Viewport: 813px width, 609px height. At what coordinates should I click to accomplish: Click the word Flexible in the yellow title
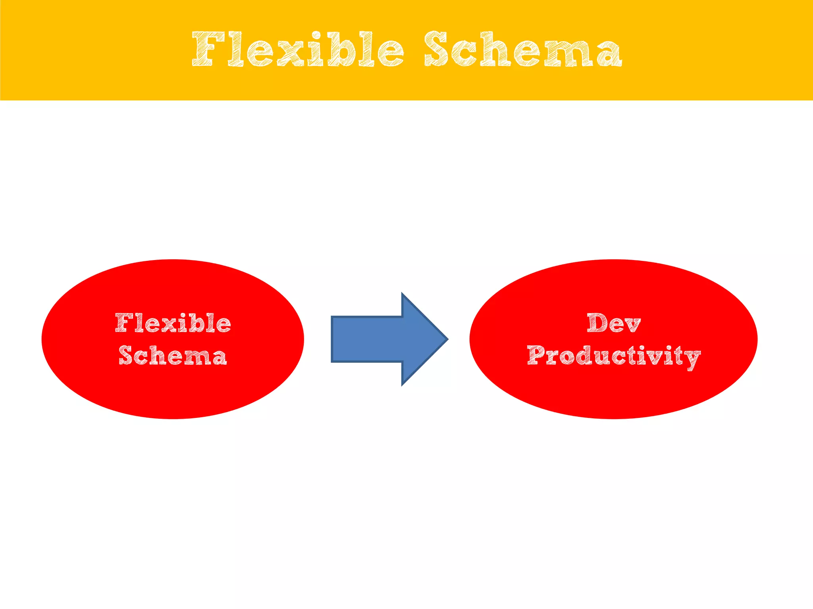tap(298, 49)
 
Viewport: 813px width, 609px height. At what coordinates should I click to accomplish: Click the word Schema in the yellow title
tap(522, 49)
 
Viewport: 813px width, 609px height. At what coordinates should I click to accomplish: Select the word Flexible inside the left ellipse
tap(173, 323)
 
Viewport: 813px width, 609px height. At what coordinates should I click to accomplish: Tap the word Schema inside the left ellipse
tap(173, 355)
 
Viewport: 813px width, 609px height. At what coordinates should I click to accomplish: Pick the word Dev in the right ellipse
tap(613, 323)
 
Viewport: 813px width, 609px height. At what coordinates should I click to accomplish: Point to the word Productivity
tap(613, 356)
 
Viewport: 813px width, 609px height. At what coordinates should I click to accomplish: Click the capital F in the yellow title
tap(206, 49)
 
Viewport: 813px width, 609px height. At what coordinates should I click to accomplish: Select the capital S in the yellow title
tap(437, 49)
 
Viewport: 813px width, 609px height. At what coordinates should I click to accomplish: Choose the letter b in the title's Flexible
tap(337, 49)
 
